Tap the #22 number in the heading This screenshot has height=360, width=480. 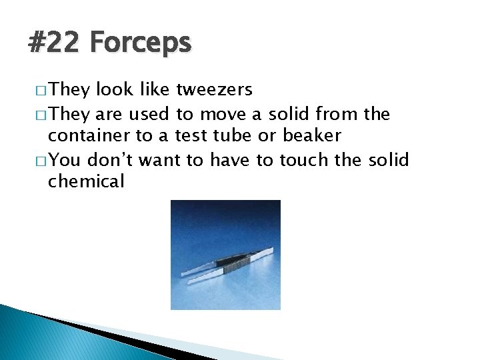[x=55, y=44]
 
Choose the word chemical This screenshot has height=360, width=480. [x=87, y=181]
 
